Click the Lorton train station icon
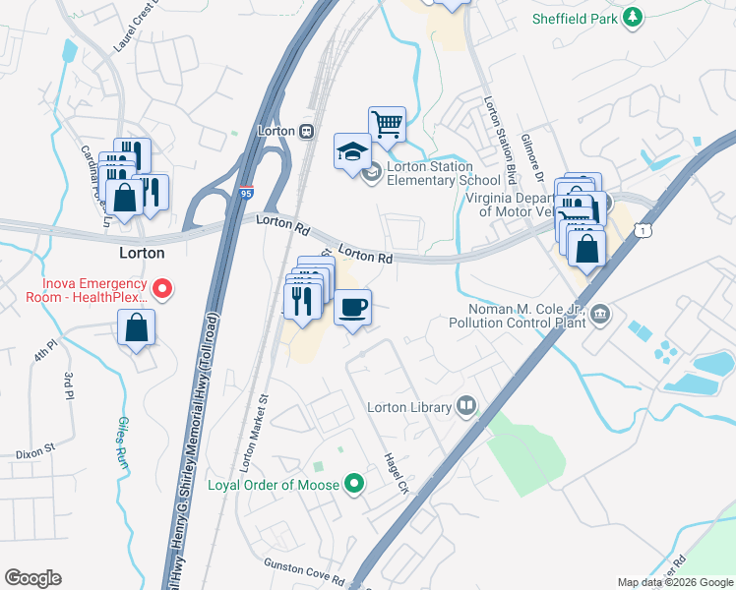[307, 131]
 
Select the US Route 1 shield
[643, 229]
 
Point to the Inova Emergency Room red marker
[164, 288]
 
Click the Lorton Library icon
[465, 406]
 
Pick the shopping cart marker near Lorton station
[388, 124]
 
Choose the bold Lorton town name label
[141, 253]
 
